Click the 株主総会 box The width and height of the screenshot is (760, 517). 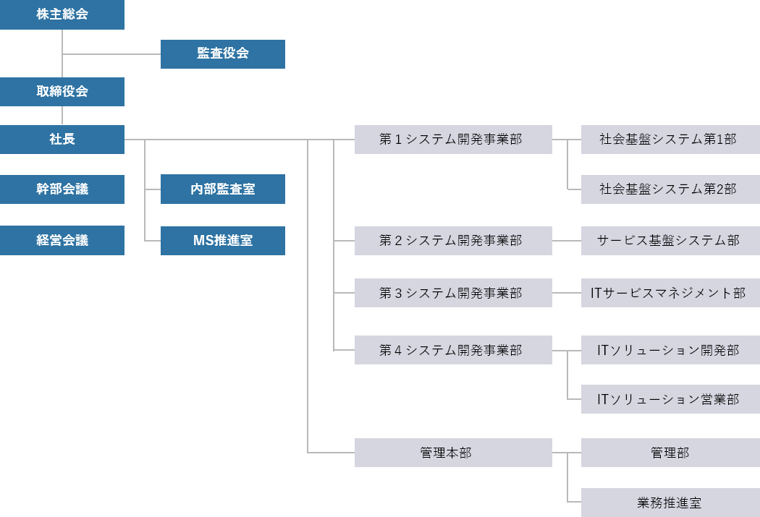62,14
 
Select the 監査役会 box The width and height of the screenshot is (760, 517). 222,54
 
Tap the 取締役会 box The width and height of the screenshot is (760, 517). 62,92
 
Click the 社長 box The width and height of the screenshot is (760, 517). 62,140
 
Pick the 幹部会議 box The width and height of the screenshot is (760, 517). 62,189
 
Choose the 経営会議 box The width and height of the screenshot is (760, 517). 62,240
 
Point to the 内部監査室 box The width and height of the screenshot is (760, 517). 222,189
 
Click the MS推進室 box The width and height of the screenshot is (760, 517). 222,240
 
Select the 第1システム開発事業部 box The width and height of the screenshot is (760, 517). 453,140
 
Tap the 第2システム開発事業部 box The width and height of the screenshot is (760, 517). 453,240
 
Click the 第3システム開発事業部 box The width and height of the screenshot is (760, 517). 453,293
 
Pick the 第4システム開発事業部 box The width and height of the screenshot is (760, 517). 453,350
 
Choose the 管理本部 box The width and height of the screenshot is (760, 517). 453,453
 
